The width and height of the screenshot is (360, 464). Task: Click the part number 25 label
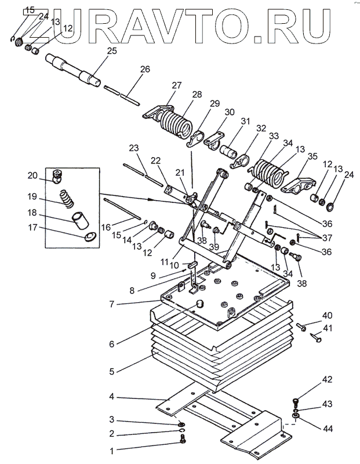click(x=112, y=50)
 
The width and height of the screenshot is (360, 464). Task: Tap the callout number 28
click(x=197, y=95)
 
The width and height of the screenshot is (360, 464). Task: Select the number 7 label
click(x=111, y=304)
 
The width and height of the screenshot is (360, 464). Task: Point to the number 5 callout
click(x=111, y=371)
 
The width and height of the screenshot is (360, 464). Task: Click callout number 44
click(x=328, y=429)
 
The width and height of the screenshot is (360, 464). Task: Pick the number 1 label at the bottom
click(x=111, y=451)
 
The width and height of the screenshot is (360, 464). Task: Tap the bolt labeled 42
click(x=296, y=401)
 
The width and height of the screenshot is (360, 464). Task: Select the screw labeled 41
click(x=315, y=338)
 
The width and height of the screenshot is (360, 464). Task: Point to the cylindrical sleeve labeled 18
click(x=80, y=220)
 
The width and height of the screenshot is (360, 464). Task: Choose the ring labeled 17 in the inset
click(x=90, y=237)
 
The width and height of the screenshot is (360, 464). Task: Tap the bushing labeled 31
click(x=228, y=151)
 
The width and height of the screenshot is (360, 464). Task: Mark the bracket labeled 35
click(x=298, y=184)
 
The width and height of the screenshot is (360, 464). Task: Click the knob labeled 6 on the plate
click(x=200, y=304)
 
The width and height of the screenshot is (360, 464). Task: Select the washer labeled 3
click(x=180, y=425)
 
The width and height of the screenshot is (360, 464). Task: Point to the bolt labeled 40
click(x=300, y=327)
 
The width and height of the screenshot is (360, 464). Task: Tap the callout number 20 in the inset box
click(x=32, y=176)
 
